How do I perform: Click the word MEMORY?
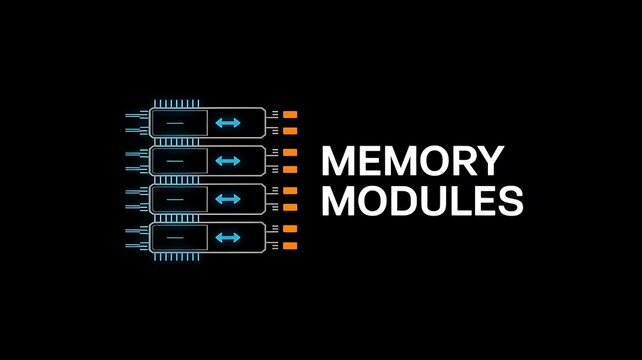coord(412,162)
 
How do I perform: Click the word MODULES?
coord(423,201)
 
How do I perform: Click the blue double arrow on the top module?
coord(228,122)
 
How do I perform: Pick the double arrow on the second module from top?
coord(228,160)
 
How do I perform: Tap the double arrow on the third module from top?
coord(228,198)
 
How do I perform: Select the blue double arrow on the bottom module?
coord(228,237)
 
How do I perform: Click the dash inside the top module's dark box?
coord(174,122)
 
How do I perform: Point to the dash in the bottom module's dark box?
coord(174,237)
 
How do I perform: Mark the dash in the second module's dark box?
coord(174,160)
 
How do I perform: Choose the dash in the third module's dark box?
coord(174,198)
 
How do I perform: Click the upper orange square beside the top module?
coord(290,114)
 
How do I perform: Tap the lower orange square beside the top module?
coord(290,129)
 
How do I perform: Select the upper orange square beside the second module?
coord(290,152)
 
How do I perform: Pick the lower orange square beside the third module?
coord(290,206)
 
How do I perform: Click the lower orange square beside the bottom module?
coord(290,245)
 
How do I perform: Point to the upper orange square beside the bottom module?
coord(290,229)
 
